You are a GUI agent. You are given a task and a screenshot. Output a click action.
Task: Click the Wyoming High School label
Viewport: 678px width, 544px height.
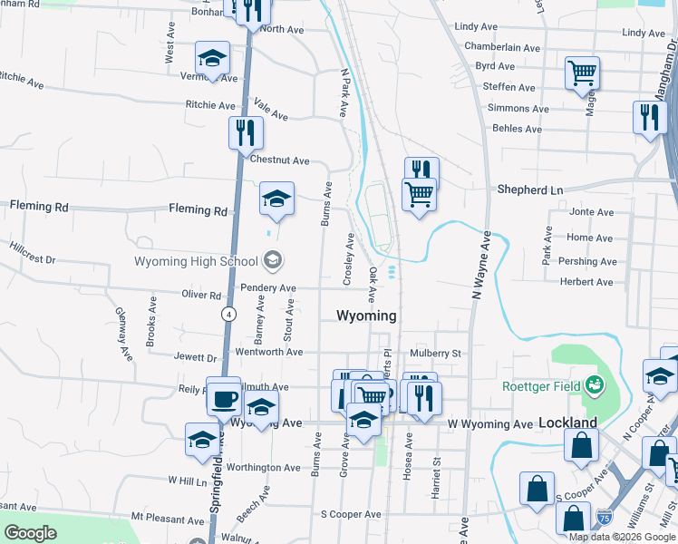click(196, 262)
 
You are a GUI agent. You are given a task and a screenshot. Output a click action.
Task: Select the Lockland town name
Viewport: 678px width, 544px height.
click(567, 423)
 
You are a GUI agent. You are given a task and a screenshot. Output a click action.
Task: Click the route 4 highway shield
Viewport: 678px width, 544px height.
click(228, 314)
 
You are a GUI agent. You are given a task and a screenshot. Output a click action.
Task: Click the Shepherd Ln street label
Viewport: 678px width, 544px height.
click(530, 190)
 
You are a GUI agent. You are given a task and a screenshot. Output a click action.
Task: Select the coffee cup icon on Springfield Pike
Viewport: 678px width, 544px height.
click(223, 395)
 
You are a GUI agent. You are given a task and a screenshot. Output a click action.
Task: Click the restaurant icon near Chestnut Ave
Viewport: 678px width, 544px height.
click(245, 132)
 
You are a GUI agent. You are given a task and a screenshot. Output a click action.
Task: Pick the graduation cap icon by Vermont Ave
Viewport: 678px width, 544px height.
click(212, 59)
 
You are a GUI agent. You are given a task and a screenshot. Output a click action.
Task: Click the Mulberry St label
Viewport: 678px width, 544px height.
click(435, 353)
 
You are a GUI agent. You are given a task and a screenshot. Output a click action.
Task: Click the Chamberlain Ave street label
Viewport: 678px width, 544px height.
click(501, 47)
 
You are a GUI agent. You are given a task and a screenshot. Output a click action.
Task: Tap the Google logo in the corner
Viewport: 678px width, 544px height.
click(30, 533)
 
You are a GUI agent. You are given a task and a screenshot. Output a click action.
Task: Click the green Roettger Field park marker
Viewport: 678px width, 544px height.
click(595, 384)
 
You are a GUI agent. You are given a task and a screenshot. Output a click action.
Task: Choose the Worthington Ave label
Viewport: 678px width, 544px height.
click(264, 468)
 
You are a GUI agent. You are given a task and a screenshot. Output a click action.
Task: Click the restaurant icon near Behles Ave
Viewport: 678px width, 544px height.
click(649, 118)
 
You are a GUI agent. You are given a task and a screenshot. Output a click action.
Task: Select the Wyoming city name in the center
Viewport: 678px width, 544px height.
click(366, 316)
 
